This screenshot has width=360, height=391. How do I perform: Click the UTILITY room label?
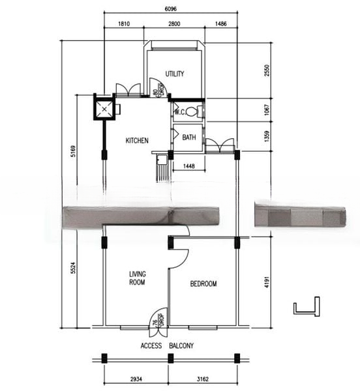tap(175, 74)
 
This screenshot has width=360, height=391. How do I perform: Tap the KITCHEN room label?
tap(137, 140)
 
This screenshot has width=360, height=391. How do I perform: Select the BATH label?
tap(189, 138)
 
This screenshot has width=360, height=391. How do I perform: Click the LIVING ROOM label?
tap(137, 278)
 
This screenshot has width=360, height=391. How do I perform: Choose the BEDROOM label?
tap(203, 283)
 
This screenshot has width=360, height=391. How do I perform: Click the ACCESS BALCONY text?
tap(167, 346)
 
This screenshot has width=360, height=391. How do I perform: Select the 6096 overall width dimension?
tap(172, 8)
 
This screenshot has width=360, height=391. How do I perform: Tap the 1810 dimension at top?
tap(123, 23)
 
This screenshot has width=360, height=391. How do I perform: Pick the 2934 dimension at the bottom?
tap(136, 379)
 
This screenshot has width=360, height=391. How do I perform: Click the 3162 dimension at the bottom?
tap(203, 379)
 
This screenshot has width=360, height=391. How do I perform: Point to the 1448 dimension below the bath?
tap(188, 166)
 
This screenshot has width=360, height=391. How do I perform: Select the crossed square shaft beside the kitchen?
tap(104, 108)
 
